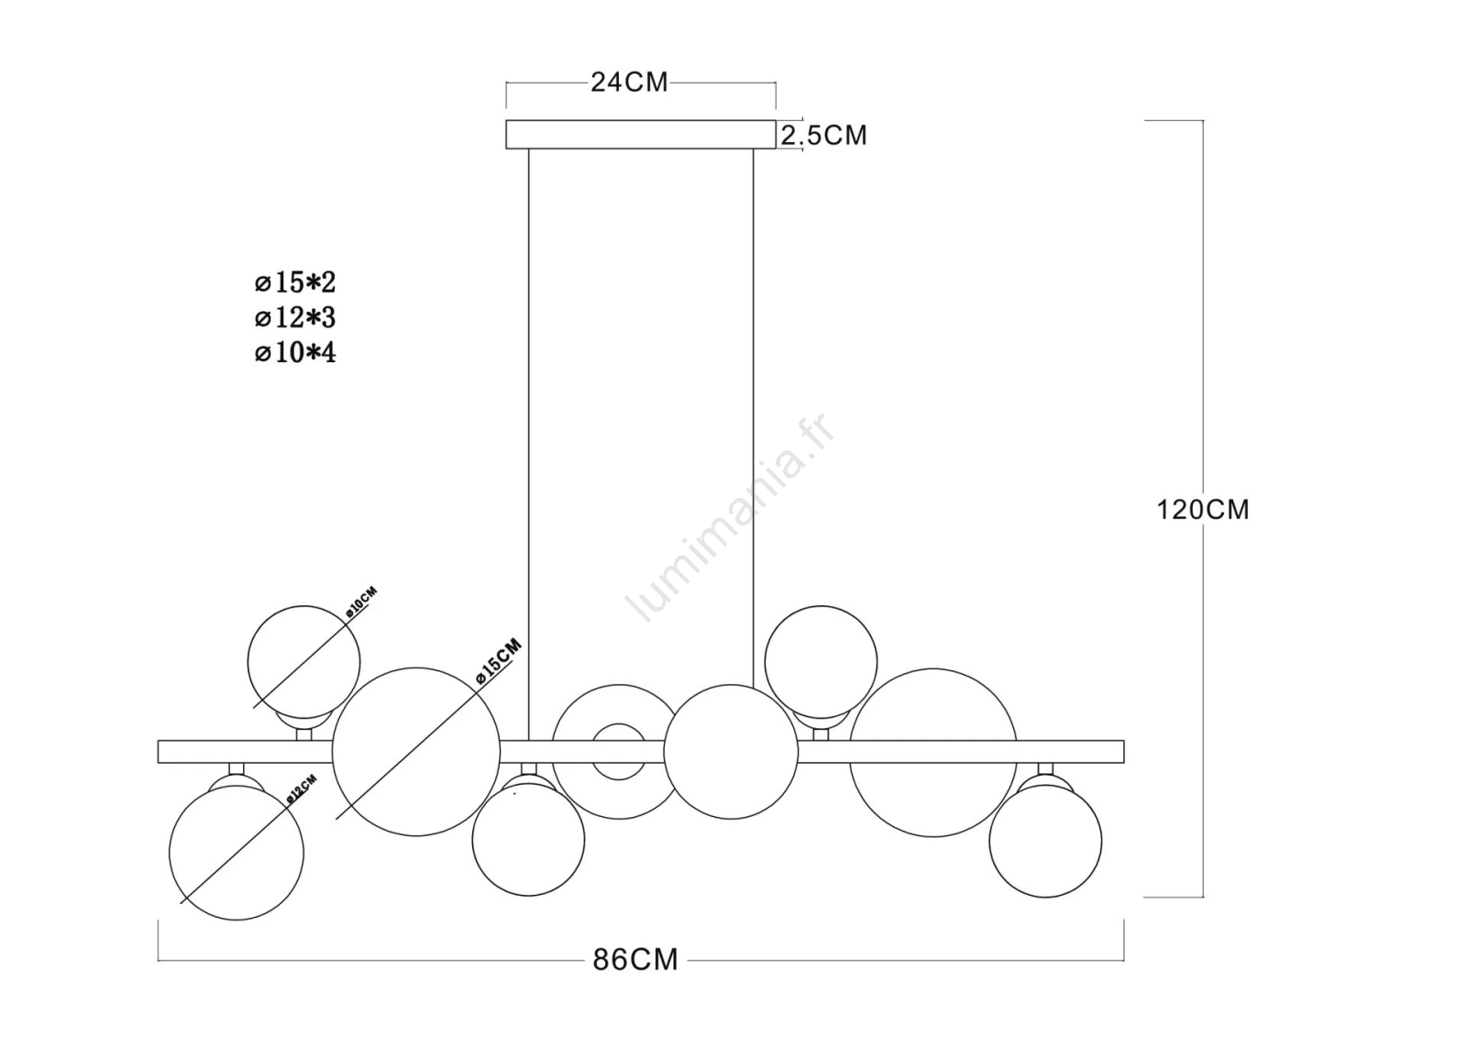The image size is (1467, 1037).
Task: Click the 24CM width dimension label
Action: [629, 83]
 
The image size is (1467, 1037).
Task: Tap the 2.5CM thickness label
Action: [824, 135]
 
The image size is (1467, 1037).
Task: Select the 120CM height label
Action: [1203, 509]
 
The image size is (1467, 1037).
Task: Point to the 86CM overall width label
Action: [635, 960]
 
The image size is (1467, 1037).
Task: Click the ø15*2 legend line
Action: [295, 282]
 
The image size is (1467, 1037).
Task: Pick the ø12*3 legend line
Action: [295, 318]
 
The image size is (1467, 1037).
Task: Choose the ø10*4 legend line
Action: [295, 353]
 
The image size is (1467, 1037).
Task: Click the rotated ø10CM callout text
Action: [361, 602]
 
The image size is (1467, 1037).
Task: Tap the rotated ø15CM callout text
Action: [499, 661]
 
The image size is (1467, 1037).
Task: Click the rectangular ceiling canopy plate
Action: [641, 134]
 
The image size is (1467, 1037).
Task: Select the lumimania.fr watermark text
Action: [731, 517]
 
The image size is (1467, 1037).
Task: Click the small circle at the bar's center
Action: [619, 723]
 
